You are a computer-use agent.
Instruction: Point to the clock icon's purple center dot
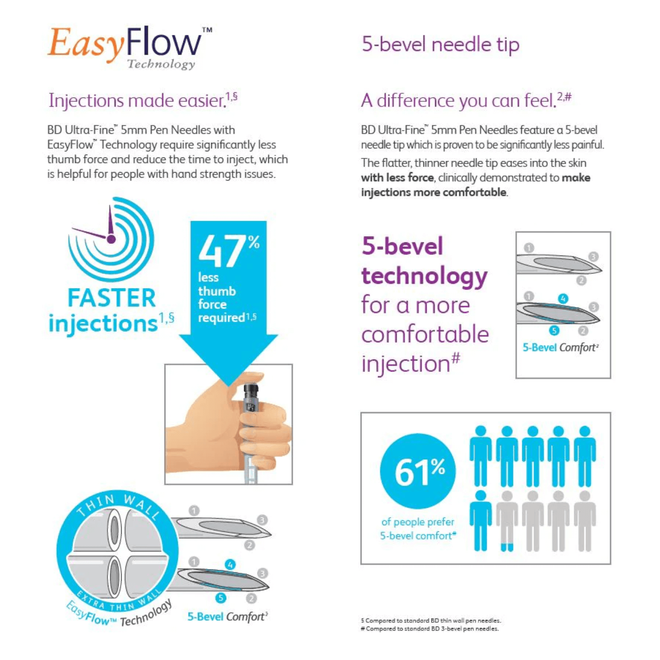click(x=111, y=239)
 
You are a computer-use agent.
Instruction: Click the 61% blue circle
click(x=418, y=471)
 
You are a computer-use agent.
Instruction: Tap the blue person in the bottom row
click(x=481, y=520)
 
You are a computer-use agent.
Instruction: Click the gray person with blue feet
click(x=507, y=520)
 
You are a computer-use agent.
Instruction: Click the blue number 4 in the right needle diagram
click(x=563, y=299)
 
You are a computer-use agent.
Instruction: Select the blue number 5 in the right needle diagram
click(x=554, y=330)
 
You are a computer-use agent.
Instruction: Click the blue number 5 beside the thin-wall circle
click(x=221, y=598)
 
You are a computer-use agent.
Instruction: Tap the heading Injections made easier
click(x=143, y=101)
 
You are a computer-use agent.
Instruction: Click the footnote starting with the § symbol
click(x=431, y=620)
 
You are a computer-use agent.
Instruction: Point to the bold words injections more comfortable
click(x=433, y=192)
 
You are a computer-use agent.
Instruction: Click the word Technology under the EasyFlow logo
click(x=161, y=65)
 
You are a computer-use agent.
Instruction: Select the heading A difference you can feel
click(x=466, y=101)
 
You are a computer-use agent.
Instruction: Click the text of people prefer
click(x=418, y=522)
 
